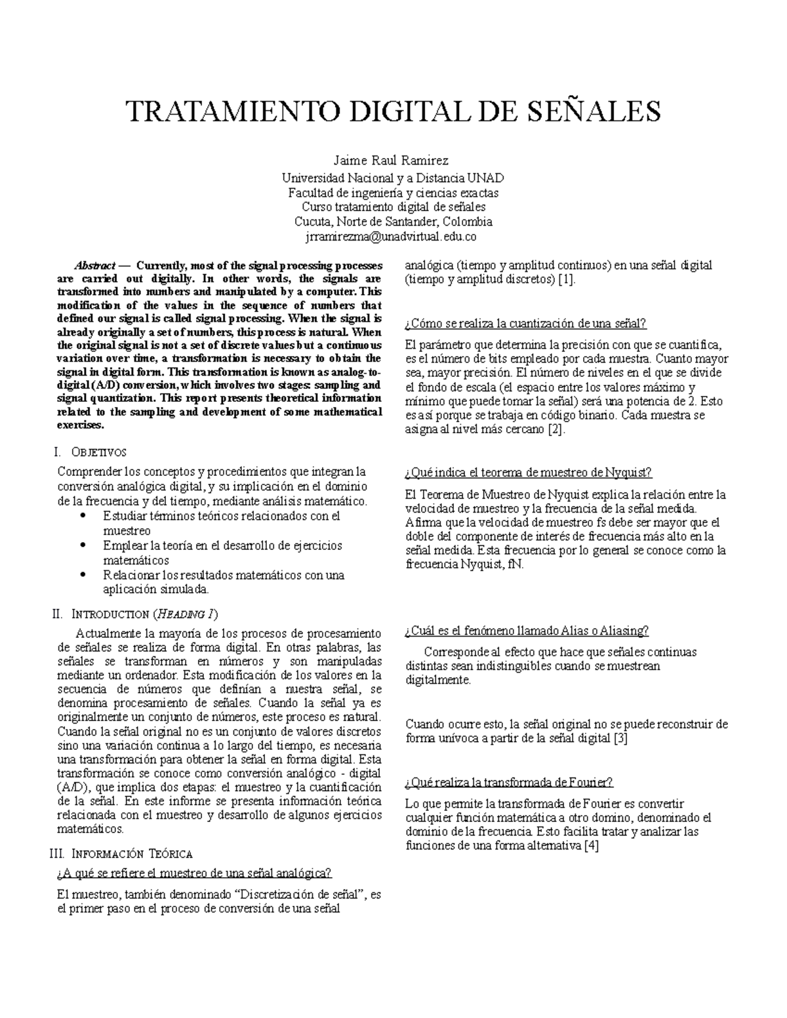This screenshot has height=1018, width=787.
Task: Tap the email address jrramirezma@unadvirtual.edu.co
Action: pos(393,237)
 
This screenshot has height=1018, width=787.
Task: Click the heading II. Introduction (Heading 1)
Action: pos(134,614)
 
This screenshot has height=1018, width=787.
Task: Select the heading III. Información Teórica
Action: pos(121,853)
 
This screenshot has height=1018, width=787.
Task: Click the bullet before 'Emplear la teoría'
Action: pos(82,546)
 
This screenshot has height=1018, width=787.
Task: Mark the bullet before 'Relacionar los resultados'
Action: pos(82,576)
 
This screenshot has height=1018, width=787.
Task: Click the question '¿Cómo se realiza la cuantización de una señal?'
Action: pos(526,324)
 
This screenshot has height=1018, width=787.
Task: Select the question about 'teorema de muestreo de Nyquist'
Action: pos(529,473)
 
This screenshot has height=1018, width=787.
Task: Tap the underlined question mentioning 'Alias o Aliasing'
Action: pos(527,631)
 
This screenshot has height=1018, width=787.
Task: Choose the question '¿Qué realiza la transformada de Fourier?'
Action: pos(509,782)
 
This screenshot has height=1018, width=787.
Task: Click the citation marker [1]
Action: pos(567,280)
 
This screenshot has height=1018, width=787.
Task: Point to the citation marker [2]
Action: pos(555,430)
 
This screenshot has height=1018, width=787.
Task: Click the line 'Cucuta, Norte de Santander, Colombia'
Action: pos(393,222)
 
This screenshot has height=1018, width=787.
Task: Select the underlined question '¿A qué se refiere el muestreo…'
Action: pos(195,874)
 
